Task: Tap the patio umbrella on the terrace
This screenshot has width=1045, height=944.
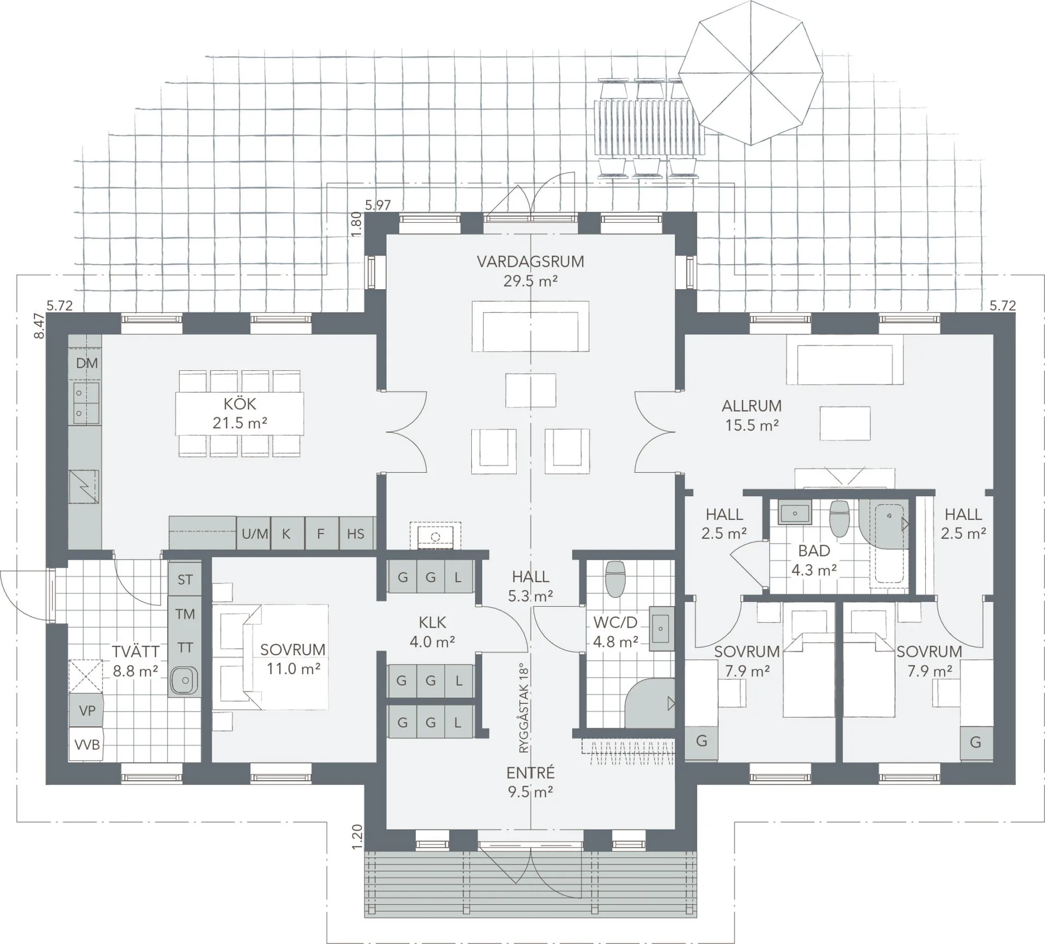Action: point(751,73)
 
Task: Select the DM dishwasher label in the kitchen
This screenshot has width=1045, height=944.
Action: point(87,363)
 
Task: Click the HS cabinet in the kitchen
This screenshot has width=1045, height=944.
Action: point(355,534)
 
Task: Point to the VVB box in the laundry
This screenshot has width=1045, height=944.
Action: point(87,744)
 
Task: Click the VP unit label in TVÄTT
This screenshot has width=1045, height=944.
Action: point(87,711)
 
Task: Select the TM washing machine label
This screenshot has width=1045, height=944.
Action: point(185,614)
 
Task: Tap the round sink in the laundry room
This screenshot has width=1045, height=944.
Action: point(184,680)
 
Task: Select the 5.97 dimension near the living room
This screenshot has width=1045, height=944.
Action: point(378,205)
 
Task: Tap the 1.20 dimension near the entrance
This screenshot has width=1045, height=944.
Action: point(357,837)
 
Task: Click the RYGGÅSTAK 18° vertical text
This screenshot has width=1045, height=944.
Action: point(524,708)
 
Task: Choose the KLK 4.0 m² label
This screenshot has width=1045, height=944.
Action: point(432,632)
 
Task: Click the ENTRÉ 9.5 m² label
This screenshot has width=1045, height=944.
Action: point(531,782)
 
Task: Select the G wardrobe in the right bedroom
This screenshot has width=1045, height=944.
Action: point(975,742)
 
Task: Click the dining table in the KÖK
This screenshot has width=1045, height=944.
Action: point(239,413)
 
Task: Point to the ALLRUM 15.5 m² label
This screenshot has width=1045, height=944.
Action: point(752,415)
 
